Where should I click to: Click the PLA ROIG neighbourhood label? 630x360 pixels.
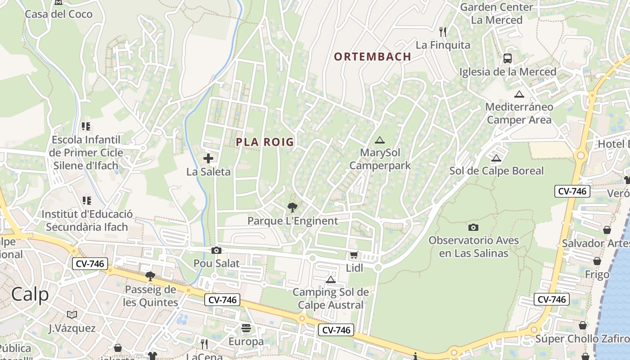(265, 142)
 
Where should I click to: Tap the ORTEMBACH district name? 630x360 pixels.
(373, 57)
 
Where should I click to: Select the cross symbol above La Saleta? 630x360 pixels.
(208, 158)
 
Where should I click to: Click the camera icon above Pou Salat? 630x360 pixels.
(216, 250)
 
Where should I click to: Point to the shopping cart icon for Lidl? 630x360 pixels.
(354, 255)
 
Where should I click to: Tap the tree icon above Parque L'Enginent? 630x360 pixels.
(292, 207)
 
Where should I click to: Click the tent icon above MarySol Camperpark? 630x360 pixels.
(380, 140)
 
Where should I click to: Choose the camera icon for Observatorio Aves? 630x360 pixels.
(473, 227)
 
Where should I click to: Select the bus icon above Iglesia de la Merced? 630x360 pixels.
(508, 58)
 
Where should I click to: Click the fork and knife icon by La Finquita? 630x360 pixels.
(443, 31)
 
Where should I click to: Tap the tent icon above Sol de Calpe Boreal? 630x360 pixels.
(496, 158)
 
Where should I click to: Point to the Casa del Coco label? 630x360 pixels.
(58, 14)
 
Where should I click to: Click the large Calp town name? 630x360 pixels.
(30, 295)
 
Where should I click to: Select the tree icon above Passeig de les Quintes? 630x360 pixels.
(150, 276)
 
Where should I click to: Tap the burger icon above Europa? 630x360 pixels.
(246, 328)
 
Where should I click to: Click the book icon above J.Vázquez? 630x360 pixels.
(72, 315)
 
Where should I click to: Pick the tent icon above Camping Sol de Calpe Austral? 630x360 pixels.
(331, 279)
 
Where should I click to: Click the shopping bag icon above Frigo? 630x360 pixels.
(597, 261)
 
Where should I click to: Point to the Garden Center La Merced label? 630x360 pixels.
(496, 13)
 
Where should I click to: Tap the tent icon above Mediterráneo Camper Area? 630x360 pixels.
(519, 94)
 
